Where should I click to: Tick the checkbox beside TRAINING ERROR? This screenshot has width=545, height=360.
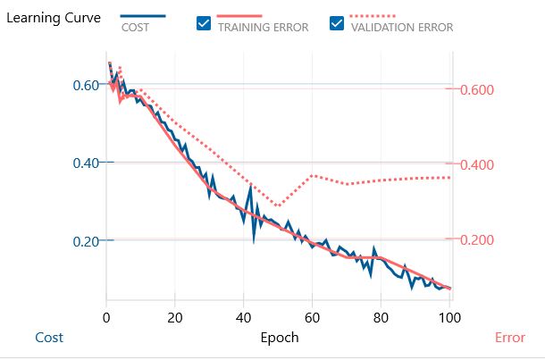pyautogui.click(x=203, y=25)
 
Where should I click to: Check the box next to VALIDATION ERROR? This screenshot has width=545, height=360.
pyautogui.click(x=337, y=25)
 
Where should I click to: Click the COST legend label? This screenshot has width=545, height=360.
pyautogui.click(x=135, y=28)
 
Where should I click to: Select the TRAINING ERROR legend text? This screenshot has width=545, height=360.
pyautogui.click(x=263, y=28)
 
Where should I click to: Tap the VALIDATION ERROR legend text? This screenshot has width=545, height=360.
pyautogui.click(x=402, y=28)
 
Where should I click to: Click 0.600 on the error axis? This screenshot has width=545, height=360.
pyautogui.click(x=477, y=90)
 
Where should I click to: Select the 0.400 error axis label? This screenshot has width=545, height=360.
pyautogui.click(x=477, y=165)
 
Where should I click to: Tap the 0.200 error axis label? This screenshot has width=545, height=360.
pyautogui.click(x=477, y=240)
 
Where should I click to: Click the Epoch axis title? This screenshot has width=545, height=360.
pyautogui.click(x=279, y=338)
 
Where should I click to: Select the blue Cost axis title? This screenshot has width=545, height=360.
pyautogui.click(x=49, y=338)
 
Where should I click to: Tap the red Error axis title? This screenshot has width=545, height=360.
pyautogui.click(x=509, y=338)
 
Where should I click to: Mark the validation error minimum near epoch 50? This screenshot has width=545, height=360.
pyautogui.click(x=278, y=206)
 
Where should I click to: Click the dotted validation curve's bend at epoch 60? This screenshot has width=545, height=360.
pyautogui.click(x=312, y=175)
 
